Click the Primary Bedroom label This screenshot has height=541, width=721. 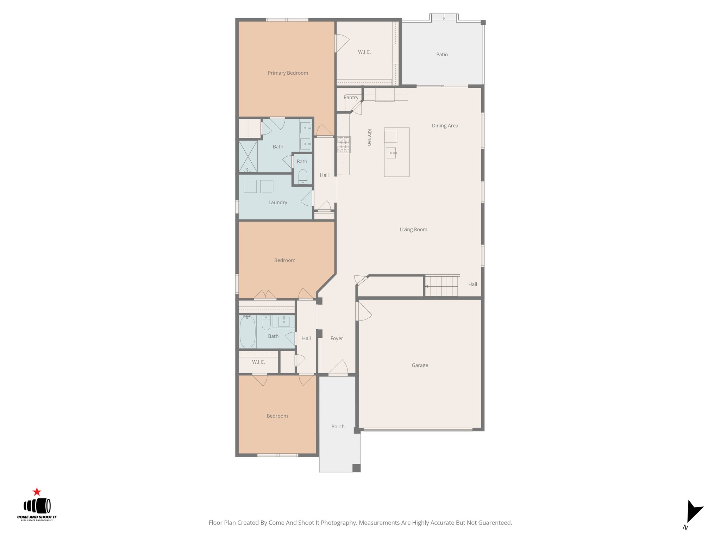tap(288, 73)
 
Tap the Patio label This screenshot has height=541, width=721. tap(442, 55)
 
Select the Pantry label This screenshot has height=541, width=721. tap(351, 98)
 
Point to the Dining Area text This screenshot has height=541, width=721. tap(445, 126)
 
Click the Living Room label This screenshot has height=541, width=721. tap(413, 230)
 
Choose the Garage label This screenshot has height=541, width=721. tap(420, 365)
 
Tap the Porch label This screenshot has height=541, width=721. tap(338, 427)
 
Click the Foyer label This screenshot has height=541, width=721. tap(337, 338)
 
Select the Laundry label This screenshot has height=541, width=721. tap(278, 203)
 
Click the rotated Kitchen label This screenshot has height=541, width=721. tap(369, 137)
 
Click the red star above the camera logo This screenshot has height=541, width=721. tap(37, 492)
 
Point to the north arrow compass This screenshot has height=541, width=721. tap(693, 512)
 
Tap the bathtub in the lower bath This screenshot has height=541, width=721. tap(247, 332)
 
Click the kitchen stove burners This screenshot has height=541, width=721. tap(344, 144)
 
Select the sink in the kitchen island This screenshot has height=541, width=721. tap(391, 153)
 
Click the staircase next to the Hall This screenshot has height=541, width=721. tap(441, 286)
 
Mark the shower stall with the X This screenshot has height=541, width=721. tap(248, 156)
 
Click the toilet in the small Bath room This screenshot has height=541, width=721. tap(303, 176)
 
